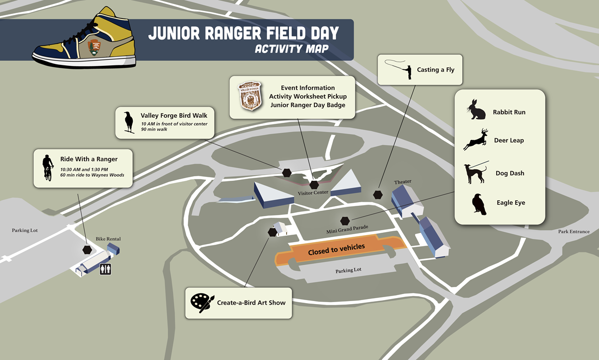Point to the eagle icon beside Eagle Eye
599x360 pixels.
tap(479, 204)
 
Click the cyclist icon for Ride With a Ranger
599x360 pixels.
tap(47, 167)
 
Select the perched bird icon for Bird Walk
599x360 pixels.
tap(129, 122)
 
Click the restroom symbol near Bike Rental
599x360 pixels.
tap(105, 269)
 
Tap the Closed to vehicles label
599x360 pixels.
tap(336, 248)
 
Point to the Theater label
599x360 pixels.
tap(402, 182)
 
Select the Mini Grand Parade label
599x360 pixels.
tap(347, 229)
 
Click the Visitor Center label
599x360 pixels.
tap(313, 193)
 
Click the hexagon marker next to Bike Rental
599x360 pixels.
tap(87, 250)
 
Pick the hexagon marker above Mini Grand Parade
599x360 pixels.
tap(344, 220)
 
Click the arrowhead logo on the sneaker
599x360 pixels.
tap(94, 47)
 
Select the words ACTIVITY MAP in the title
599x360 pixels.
tap(291, 49)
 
